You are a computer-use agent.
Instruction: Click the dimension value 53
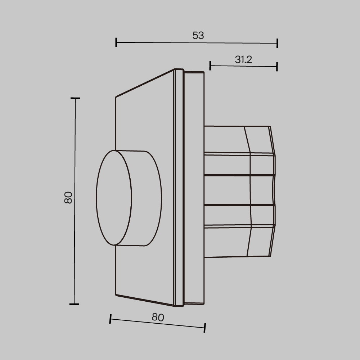[198, 35]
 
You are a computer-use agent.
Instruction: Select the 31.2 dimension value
[243, 60]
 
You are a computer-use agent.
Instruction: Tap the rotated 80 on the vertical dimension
[68, 197]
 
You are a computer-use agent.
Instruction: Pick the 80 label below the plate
[158, 317]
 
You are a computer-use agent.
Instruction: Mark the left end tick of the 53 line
[116, 42]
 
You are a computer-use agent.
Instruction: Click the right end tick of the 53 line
[277, 43]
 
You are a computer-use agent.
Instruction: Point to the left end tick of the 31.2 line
[210, 66]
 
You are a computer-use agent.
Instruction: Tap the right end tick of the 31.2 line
[277, 66]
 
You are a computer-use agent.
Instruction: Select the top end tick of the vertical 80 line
[75, 98]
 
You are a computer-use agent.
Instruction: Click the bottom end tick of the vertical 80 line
[74, 304]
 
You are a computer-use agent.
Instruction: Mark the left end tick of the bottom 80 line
[111, 319]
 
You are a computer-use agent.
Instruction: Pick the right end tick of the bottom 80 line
[204, 328]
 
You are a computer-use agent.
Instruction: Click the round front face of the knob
[114, 198]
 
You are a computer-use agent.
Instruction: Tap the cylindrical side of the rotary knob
[146, 198]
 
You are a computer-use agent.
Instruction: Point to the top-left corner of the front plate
[116, 97]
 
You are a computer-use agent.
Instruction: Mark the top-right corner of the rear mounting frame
[204, 72]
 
